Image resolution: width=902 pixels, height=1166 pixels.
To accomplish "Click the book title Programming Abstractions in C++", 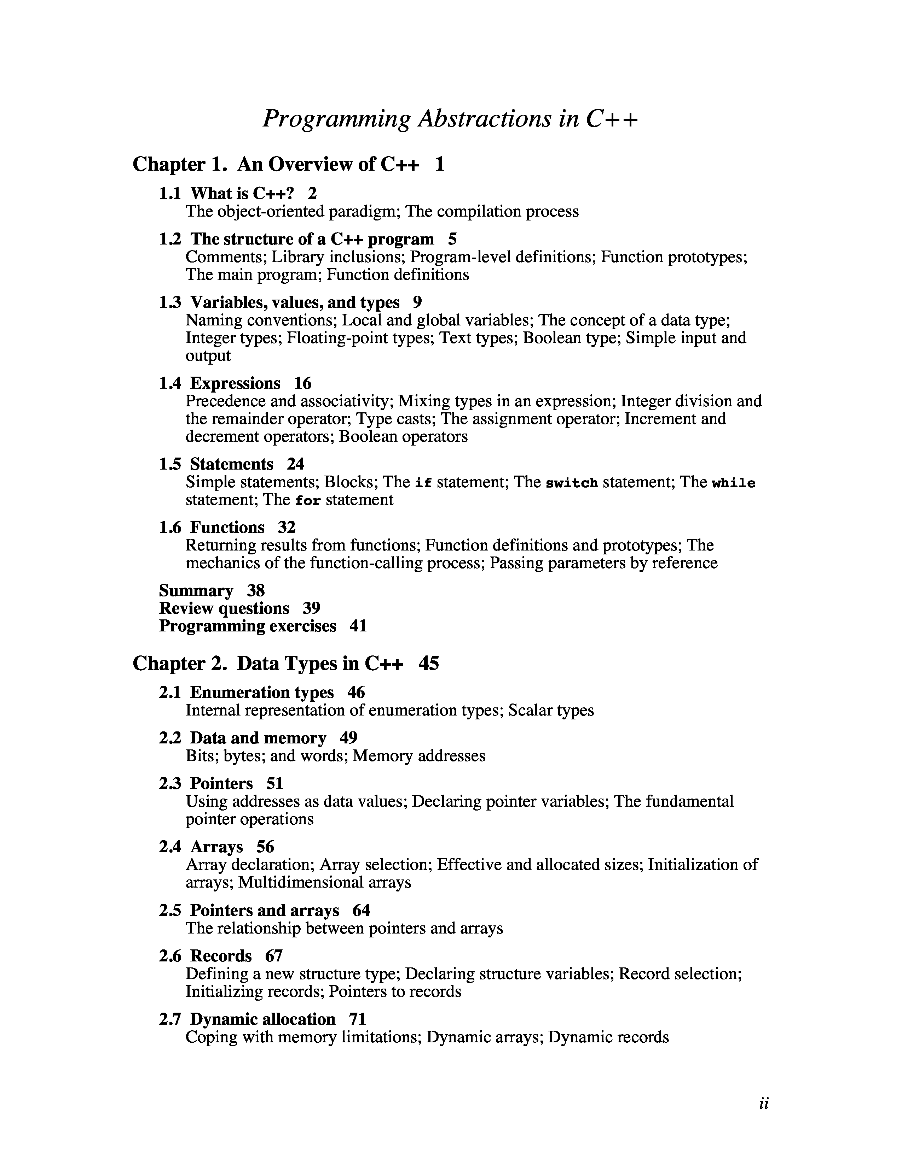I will pyautogui.click(x=450, y=118).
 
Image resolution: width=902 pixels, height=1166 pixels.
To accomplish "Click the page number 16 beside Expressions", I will pyautogui.click(x=302, y=383).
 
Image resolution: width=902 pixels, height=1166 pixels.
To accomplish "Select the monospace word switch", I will pyautogui.click(x=571, y=483).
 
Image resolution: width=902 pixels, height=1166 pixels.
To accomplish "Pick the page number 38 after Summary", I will pyautogui.click(x=256, y=590).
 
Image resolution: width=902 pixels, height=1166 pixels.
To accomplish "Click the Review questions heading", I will pyautogui.click(x=224, y=608).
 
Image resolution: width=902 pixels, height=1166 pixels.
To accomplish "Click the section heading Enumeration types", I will pyautogui.click(x=262, y=693).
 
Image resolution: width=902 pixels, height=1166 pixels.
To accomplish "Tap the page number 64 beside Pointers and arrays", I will pyautogui.click(x=361, y=910).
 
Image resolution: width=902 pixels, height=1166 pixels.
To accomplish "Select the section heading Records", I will pyautogui.click(x=221, y=956).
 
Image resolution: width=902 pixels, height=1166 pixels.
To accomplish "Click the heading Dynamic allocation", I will pyautogui.click(x=262, y=1019).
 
